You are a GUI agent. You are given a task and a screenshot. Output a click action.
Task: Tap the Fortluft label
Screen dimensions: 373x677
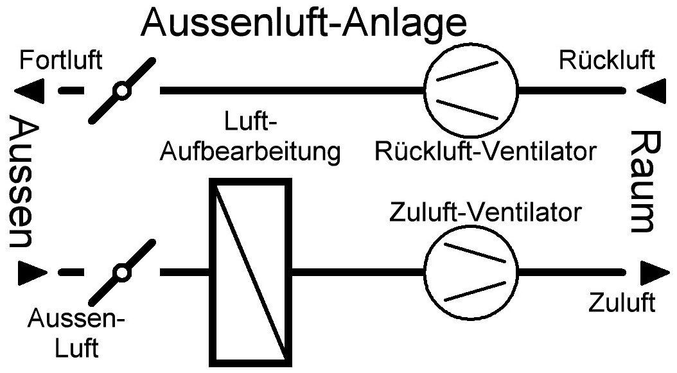click(60, 62)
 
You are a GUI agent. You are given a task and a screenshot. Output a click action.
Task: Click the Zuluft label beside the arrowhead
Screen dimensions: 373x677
click(622, 302)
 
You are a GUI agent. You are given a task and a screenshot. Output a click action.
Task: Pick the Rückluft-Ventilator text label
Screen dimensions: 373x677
click(485, 152)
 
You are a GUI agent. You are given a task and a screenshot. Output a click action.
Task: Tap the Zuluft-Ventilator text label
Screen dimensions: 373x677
click(485, 212)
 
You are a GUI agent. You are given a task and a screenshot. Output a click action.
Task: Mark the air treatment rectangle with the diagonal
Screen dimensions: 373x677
click(251, 270)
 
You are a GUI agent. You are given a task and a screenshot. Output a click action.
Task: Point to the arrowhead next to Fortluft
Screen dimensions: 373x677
click(30, 91)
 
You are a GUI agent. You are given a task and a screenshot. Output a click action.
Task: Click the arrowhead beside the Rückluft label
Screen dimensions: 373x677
click(649, 91)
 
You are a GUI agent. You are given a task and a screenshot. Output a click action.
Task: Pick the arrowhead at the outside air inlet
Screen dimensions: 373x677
click(31, 273)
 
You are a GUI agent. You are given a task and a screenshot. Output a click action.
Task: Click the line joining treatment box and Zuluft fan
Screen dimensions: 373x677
click(356, 273)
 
